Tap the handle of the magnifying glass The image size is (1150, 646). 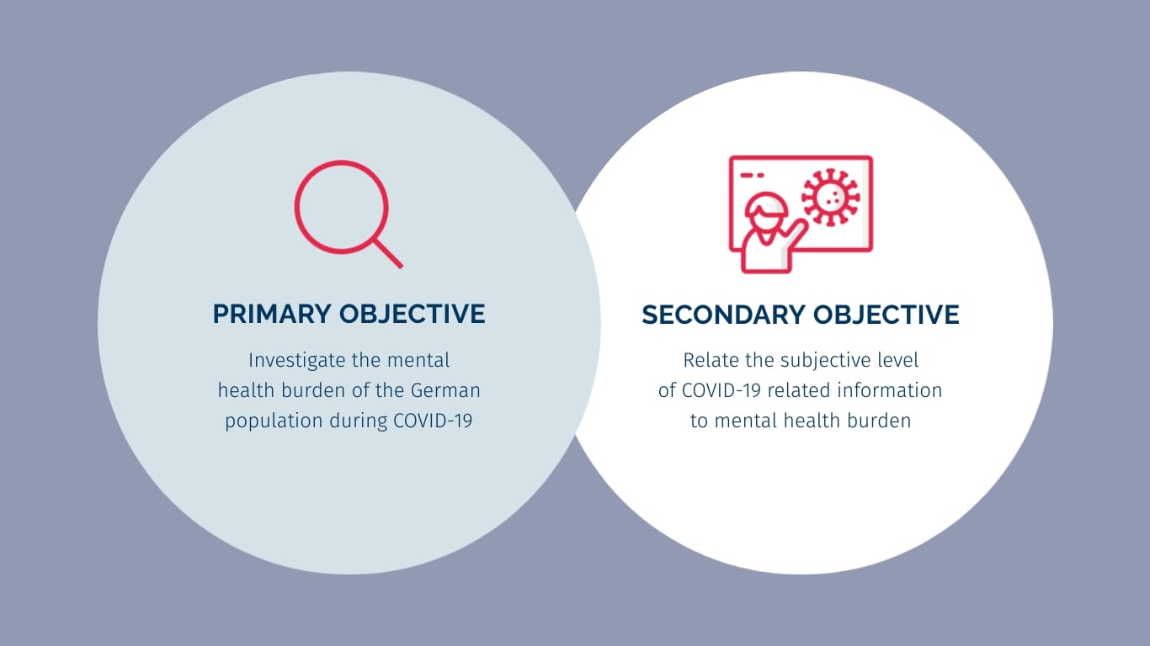pos(389,253)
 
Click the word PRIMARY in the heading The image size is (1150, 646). pos(272,314)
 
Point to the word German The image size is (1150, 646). pos(445,390)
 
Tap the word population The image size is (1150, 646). pos(274,421)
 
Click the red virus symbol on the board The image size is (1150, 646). pos(830,198)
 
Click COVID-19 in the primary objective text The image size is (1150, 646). pos(433,421)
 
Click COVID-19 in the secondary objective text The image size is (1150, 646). pos(721,390)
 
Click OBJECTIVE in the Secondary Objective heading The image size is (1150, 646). pos(886,315)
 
